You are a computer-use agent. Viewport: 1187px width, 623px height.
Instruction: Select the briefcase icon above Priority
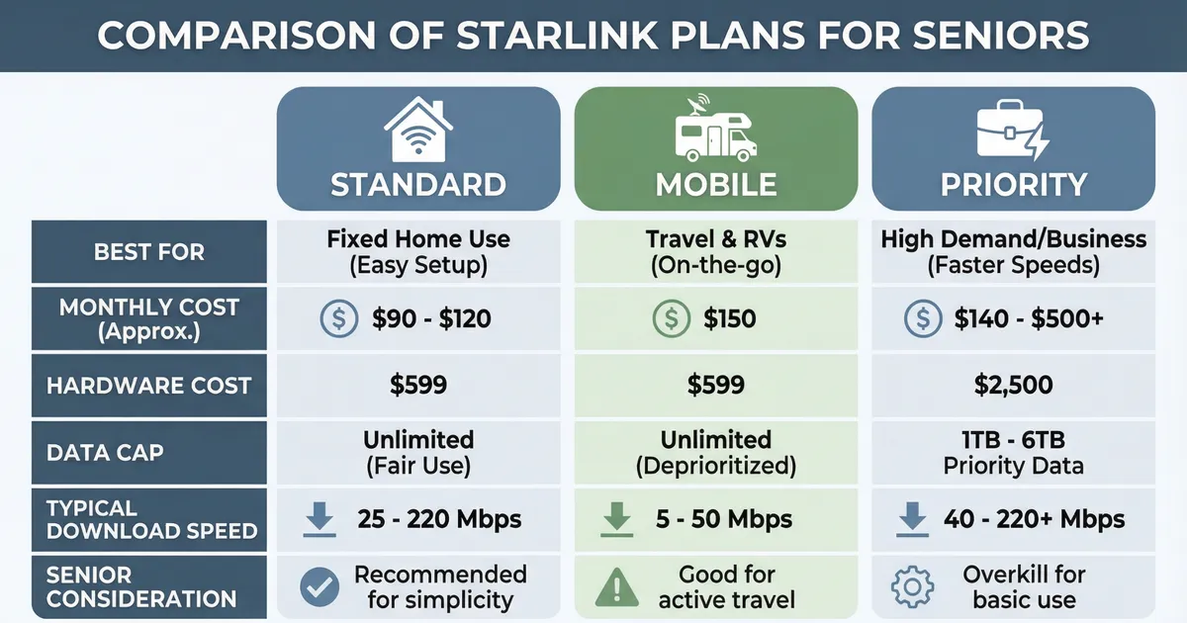coord(1012,132)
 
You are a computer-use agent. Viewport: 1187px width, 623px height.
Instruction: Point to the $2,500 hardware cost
coord(1012,385)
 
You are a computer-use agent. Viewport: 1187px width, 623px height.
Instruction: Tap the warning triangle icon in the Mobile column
coord(617,586)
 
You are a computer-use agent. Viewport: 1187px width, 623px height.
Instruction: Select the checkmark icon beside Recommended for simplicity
coord(320,586)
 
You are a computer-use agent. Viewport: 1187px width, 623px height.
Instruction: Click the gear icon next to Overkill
coord(912,586)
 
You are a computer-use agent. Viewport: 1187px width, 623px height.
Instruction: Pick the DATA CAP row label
coord(105,452)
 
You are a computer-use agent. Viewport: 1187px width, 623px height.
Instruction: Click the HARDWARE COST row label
coord(148,385)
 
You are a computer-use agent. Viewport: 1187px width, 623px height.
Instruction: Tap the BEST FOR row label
coord(149,251)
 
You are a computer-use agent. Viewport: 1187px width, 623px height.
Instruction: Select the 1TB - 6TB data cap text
coord(1012,439)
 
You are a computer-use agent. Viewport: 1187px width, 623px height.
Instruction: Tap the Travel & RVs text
coord(715,239)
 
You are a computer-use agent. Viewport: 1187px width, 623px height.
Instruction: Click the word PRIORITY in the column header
coord(1012,184)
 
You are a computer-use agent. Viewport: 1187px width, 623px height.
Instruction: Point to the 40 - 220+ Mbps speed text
coord(1034,519)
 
